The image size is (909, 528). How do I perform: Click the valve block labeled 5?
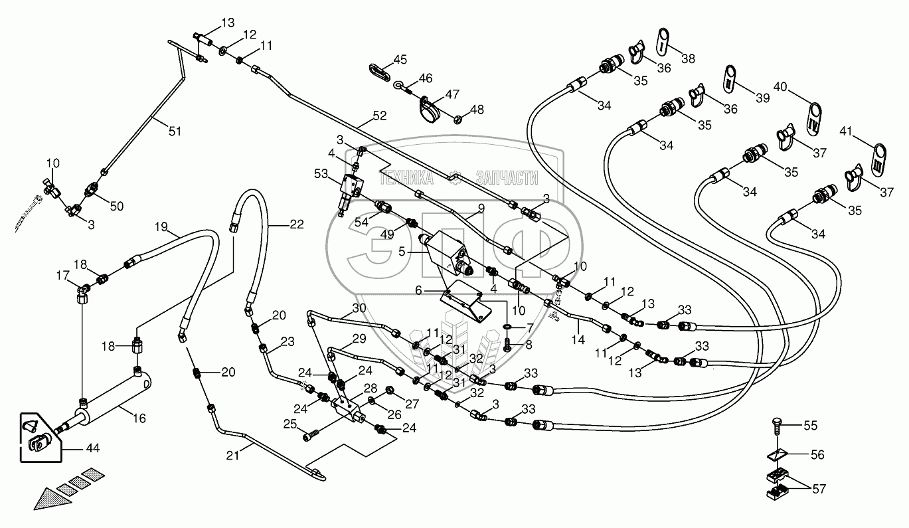pyautogui.click(x=445, y=252)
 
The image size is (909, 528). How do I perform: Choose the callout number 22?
pyautogui.click(x=297, y=224)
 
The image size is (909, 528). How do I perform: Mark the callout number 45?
pyautogui.click(x=399, y=60)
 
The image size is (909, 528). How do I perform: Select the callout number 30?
pyautogui.click(x=359, y=308)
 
